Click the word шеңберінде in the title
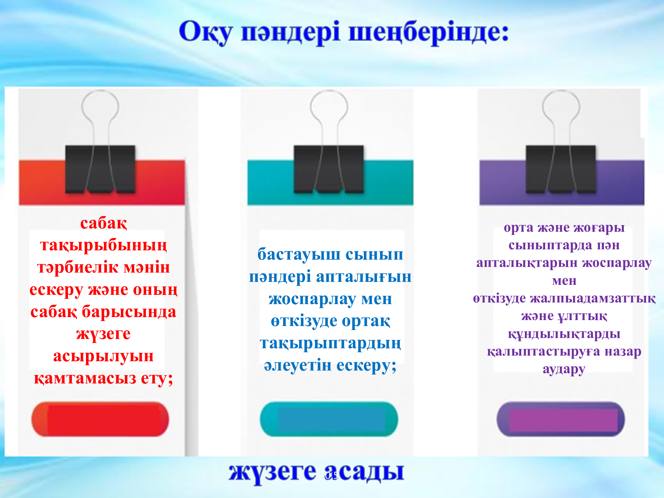[428, 32]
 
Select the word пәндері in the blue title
[290, 32]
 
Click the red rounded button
[100, 419]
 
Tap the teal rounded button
[329, 419]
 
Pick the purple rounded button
[560, 419]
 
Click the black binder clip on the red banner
[100, 169]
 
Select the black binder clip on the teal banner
[329, 169]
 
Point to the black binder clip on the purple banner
[560, 169]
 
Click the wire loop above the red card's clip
[100, 91]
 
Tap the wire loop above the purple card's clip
[561, 91]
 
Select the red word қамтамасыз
[85, 378]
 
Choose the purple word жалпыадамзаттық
[593, 298]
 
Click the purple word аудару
[564, 369]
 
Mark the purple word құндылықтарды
[564, 334]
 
